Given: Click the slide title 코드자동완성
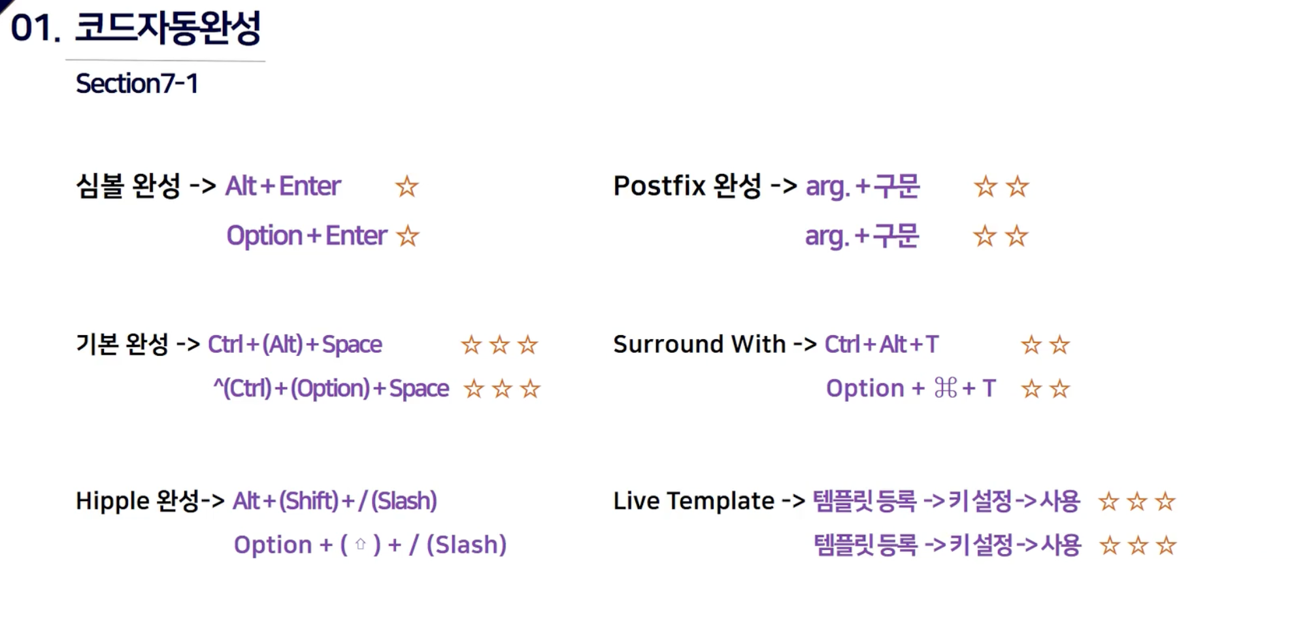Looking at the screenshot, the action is coord(168,28).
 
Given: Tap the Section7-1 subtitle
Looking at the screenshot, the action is coord(137,84).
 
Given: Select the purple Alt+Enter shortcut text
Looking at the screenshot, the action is coord(283,186).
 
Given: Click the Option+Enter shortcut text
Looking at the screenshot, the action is coord(307,236).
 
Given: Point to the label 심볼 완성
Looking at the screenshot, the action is coord(128,186).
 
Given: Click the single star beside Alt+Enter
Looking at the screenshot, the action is coord(406,187).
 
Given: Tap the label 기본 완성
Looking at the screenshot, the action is coord(122,344).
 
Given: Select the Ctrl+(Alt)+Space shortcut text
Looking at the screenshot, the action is coord(295,344).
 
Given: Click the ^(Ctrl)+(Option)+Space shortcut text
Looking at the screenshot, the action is coord(331,389).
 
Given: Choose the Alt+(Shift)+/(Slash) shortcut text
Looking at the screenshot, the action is coord(335,501).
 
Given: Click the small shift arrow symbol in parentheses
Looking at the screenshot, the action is coord(360,544).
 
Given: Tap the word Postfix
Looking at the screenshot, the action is coord(659,186).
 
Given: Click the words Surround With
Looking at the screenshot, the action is coord(699,344).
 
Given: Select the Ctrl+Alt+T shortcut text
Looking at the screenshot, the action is coord(882,344).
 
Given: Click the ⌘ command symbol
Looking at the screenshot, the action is coord(946,388).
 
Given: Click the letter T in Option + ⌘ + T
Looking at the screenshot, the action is coord(989,389).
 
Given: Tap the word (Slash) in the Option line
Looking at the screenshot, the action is coord(467,545).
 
